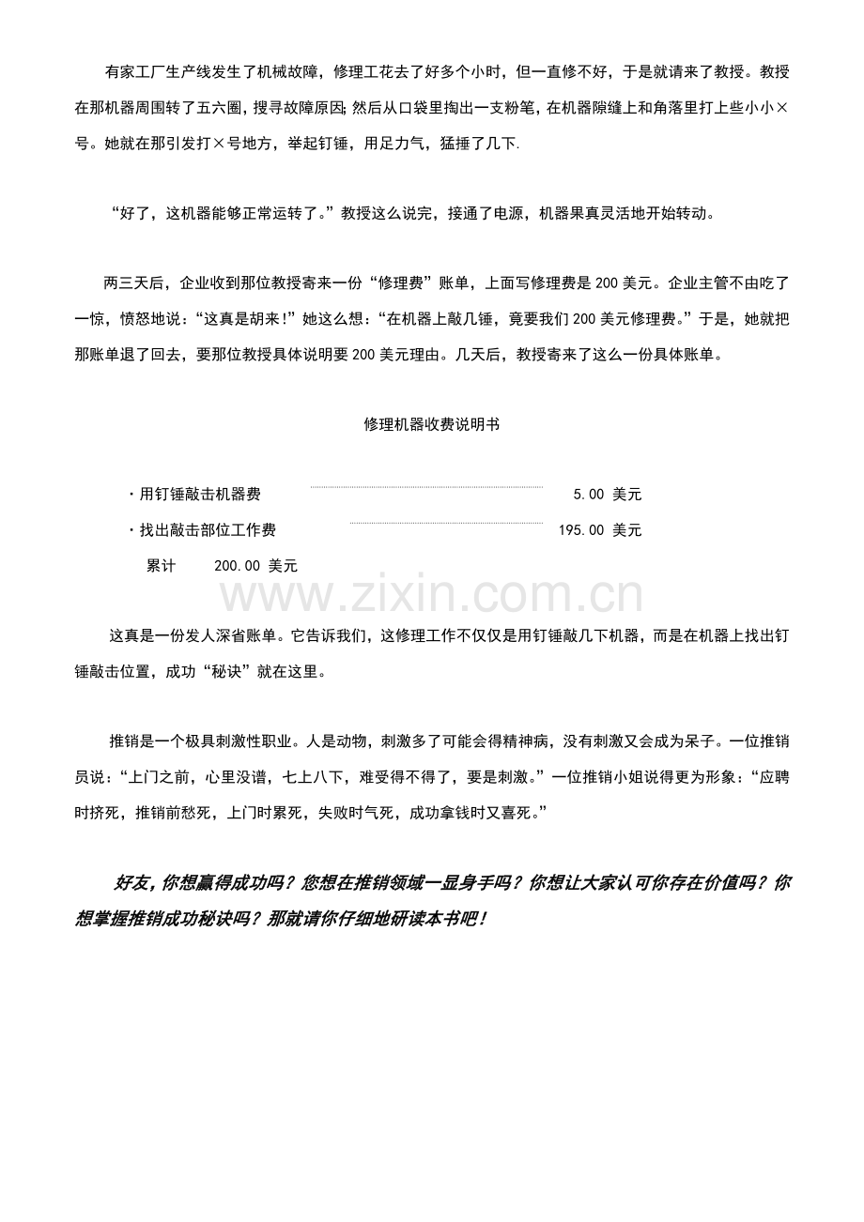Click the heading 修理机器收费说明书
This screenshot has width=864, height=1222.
pyautogui.click(x=431, y=424)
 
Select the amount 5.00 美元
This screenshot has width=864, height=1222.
pyautogui.click(x=607, y=494)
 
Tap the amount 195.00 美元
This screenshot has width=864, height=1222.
pyautogui.click(x=600, y=530)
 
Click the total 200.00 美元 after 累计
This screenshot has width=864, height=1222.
pyautogui.click(x=255, y=566)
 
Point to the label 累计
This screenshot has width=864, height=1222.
pyautogui.click(x=161, y=566)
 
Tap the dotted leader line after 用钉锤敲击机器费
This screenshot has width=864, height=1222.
pyautogui.click(x=425, y=487)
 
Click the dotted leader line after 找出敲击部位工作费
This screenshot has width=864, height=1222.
pyautogui.click(x=446, y=523)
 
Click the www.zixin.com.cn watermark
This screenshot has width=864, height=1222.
pyautogui.click(x=431, y=595)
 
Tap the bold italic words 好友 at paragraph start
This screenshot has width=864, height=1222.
pyautogui.click(x=132, y=883)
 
